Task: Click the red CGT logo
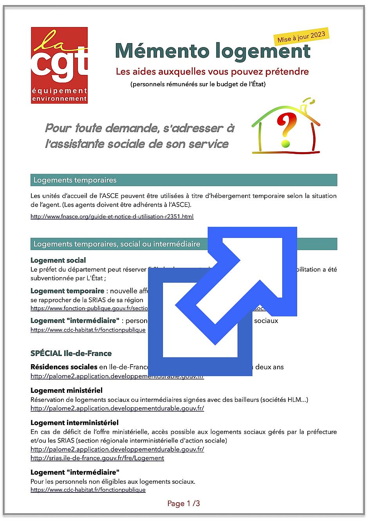click(x=59, y=65)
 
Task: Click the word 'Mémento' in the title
click(x=162, y=51)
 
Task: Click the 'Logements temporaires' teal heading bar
click(x=184, y=180)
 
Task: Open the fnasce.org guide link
click(x=112, y=216)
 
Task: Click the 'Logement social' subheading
click(x=58, y=260)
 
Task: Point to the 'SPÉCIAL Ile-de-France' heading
click(x=71, y=353)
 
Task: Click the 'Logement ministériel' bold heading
click(x=67, y=390)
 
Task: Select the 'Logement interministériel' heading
click(x=74, y=423)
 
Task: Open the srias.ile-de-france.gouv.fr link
click(x=97, y=458)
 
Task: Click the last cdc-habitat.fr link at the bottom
click(x=88, y=490)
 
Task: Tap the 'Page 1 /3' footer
click(x=184, y=503)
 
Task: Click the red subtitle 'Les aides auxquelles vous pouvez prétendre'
click(x=212, y=72)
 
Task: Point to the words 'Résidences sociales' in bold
click(x=64, y=367)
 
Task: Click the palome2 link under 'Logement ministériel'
click(x=117, y=408)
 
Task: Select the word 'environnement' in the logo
click(x=59, y=99)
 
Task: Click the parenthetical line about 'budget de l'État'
click(x=198, y=84)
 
